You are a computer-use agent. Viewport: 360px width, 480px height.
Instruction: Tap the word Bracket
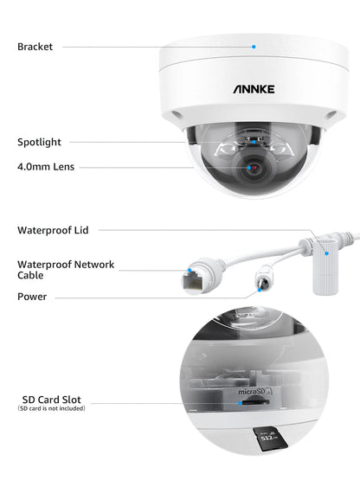(x=35, y=46)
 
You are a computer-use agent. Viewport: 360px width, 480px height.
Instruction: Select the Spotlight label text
(x=39, y=142)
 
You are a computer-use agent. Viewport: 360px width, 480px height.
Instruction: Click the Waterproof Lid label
(x=53, y=231)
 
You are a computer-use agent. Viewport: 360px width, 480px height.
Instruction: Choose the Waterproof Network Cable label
(x=65, y=270)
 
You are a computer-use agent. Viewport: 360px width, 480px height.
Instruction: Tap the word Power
(x=32, y=297)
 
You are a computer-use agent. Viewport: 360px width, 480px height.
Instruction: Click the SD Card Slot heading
(x=52, y=400)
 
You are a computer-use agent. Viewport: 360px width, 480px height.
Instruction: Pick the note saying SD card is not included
(x=52, y=408)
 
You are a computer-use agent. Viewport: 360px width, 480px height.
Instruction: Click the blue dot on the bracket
(x=254, y=47)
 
